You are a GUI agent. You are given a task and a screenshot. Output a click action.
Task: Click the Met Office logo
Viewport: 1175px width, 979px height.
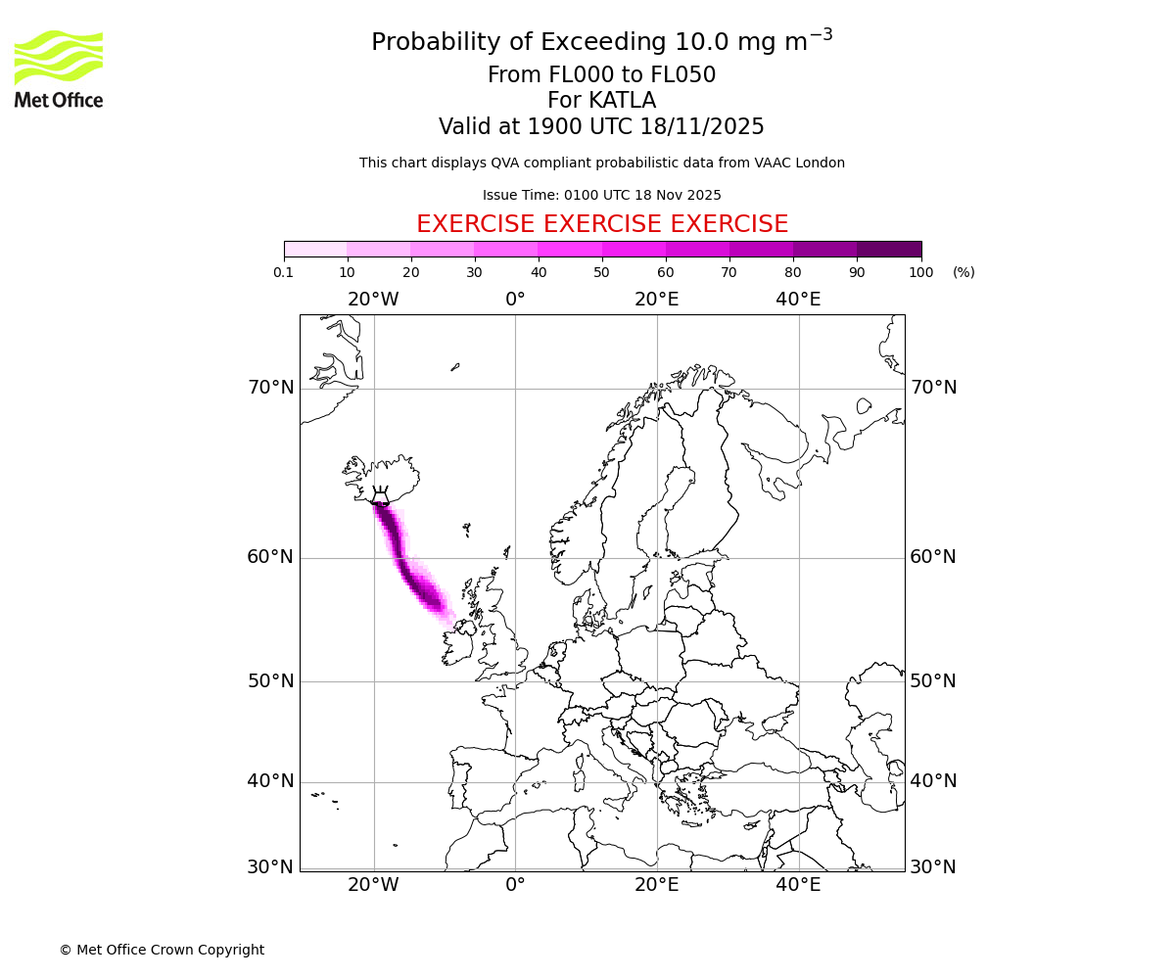point(59,69)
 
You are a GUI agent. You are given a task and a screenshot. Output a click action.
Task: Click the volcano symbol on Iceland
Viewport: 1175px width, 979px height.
point(380,495)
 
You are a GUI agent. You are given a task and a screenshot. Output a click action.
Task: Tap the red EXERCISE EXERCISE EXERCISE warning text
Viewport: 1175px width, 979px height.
point(602,225)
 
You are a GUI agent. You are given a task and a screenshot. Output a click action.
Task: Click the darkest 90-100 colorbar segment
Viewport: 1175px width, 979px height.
point(889,249)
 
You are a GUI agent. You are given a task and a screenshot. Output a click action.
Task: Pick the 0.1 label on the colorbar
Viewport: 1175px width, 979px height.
point(284,272)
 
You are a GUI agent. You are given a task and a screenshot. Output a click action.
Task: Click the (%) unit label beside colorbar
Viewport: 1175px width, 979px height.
point(963,272)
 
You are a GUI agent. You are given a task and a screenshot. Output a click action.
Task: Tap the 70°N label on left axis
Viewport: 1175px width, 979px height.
point(270,388)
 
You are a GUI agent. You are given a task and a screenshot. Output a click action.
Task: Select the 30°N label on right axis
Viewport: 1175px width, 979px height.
point(932,867)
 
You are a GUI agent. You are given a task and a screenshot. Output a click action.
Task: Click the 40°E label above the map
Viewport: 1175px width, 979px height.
point(798,300)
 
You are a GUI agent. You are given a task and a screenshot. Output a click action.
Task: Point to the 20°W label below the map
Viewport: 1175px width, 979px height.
point(373,885)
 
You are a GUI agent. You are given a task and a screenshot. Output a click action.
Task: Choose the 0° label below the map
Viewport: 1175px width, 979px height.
point(515,885)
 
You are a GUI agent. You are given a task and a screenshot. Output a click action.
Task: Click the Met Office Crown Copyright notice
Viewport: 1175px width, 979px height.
point(162,950)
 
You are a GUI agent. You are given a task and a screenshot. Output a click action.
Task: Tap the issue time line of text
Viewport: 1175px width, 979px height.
point(602,196)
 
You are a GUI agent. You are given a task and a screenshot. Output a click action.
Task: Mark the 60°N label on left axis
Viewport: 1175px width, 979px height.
point(270,557)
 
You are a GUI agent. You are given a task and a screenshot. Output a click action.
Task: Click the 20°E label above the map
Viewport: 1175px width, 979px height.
point(656,300)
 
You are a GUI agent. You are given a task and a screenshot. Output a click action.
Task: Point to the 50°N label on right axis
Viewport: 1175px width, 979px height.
point(932,681)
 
